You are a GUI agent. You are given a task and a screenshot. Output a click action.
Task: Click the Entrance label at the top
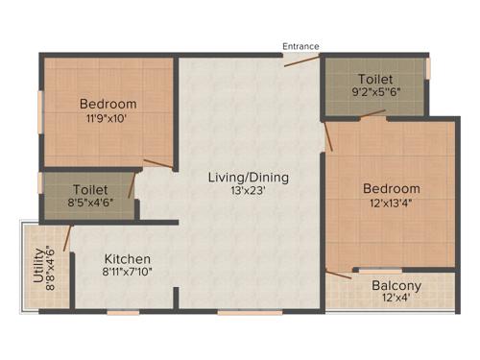(x=300, y=46)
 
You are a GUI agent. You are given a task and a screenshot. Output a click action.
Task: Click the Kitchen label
(x=128, y=259)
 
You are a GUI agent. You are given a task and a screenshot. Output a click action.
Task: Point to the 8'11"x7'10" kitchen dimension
(x=128, y=272)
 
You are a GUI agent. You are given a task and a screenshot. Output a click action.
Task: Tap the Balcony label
(x=396, y=286)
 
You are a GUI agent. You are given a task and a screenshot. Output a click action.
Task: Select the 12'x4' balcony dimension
(x=396, y=299)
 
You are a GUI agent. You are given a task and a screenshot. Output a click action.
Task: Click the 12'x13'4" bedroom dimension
(x=391, y=202)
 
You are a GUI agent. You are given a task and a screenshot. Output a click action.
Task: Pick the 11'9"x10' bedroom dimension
(x=107, y=118)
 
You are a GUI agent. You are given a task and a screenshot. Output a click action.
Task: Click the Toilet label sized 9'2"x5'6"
(x=375, y=78)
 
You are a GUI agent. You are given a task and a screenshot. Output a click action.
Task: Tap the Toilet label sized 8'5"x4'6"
(x=89, y=190)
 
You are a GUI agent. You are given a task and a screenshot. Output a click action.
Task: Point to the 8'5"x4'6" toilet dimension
(x=89, y=203)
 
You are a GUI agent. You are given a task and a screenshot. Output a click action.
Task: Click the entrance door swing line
(x=303, y=60)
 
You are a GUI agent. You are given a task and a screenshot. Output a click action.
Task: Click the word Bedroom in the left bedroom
(x=108, y=104)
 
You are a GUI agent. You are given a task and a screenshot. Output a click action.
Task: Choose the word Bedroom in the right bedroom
(x=391, y=188)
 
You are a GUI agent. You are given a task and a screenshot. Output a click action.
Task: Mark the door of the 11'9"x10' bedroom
(x=158, y=163)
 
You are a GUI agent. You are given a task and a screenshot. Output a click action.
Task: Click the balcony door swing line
(x=338, y=276)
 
